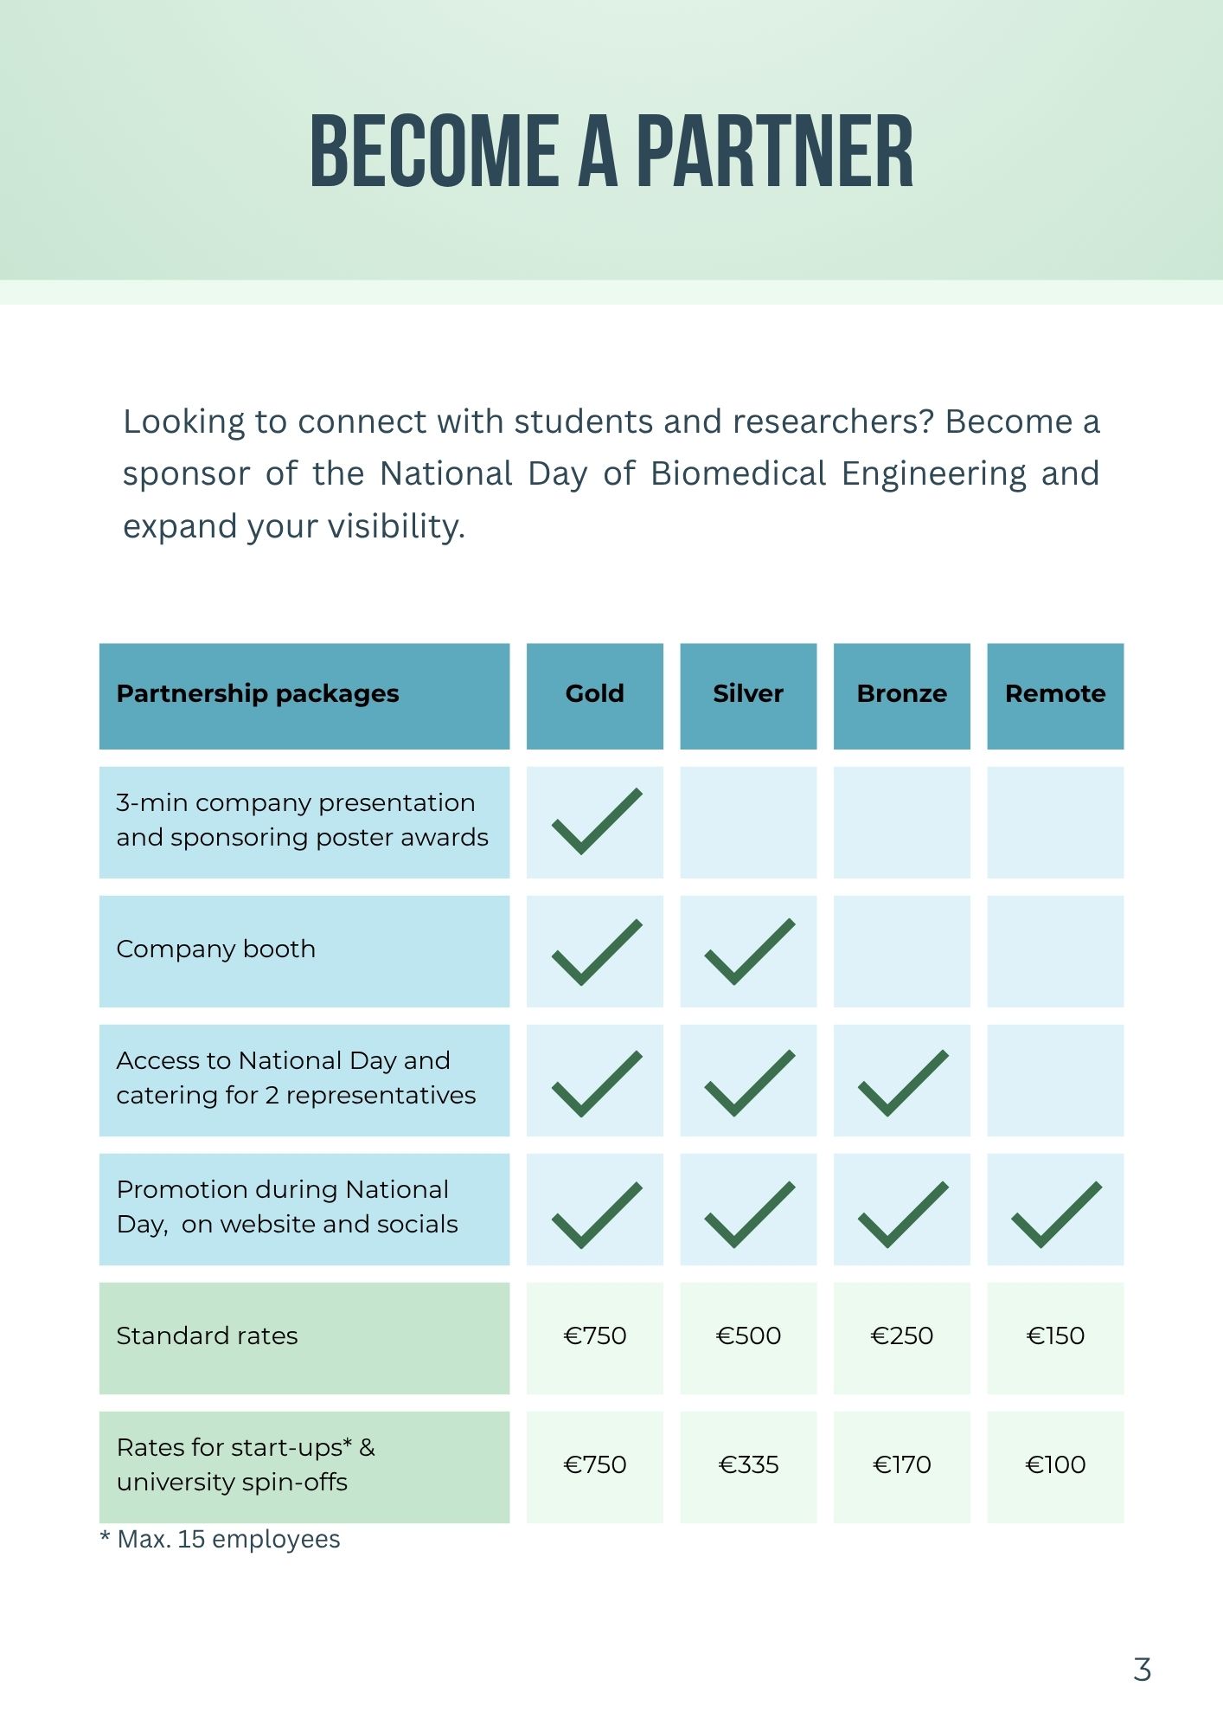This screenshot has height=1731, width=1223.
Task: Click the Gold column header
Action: [x=594, y=694]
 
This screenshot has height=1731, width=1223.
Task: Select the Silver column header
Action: [x=748, y=694]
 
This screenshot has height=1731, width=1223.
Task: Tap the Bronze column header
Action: [x=901, y=694]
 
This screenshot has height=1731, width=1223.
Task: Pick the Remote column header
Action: [x=1055, y=694]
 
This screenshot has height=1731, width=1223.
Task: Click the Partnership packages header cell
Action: [x=258, y=694]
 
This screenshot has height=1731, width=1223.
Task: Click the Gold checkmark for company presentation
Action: [x=596, y=821]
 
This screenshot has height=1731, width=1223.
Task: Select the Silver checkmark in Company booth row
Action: [x=749, y=951]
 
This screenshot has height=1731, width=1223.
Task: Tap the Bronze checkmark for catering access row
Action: [x=902, y=1082]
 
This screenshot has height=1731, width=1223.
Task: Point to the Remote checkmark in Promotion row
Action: [x=1056, y=1213]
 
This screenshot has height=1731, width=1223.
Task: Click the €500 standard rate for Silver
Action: [x=748, y=1336]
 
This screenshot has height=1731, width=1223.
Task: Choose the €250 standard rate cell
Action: [x=901, y=1336]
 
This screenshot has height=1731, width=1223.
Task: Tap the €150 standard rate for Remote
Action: [x=1055, y=1336]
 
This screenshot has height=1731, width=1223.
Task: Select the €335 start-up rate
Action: [x=748, y=1465]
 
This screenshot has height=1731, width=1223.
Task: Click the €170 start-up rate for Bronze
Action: [x=901, y=1465]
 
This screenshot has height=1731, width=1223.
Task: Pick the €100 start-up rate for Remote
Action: [x=1055, y=1465]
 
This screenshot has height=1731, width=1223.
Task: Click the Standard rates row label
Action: [x=208, y=1336]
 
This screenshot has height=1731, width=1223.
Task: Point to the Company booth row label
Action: [x=216, y=949]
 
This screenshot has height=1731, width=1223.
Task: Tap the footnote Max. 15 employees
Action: [x=228, y=1540]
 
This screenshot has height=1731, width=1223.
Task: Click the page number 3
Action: [x=1142, y=1670]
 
